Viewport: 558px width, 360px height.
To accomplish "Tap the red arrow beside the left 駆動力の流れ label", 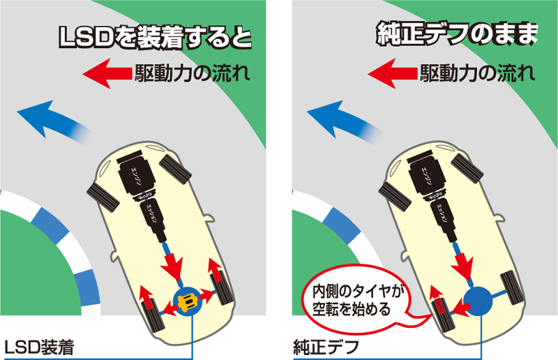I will pos(105,72).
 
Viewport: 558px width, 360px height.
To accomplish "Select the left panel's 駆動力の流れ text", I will pos(190,73).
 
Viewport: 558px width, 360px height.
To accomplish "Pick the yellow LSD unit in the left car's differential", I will pos(186,302).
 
